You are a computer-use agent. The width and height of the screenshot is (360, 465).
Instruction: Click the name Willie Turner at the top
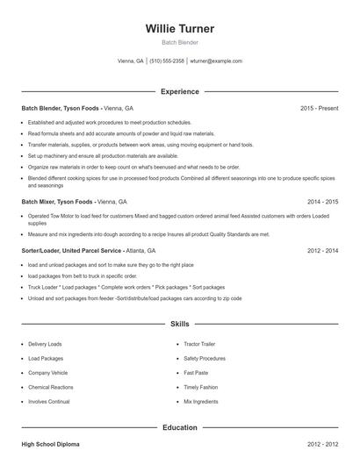[179, 28]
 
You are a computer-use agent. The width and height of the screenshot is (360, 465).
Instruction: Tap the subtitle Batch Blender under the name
[179, 42]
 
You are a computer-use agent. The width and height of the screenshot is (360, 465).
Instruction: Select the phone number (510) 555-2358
[167, 61]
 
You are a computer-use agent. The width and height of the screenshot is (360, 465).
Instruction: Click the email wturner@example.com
[216, 61]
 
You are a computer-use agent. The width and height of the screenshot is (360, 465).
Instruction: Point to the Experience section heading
[179, 91]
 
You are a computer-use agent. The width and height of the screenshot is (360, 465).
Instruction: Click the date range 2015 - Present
[319, 108]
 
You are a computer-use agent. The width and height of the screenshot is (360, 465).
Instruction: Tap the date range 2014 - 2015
[322, 201]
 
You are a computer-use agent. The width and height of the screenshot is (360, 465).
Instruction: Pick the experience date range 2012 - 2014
[322, 250]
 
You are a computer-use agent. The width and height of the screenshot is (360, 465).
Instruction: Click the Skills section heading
[179, 324]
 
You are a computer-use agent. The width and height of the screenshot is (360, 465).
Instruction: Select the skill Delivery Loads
[46, 344]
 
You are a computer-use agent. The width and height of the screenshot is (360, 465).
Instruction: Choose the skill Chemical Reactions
[50, 387]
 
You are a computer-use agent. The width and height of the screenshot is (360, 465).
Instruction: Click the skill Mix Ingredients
[201, 401]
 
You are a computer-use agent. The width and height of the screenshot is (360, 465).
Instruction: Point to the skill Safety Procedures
[205, 358]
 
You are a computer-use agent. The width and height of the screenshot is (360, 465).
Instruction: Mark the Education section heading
[179, 427]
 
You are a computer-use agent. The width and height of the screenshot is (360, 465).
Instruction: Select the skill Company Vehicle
[47, 372]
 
